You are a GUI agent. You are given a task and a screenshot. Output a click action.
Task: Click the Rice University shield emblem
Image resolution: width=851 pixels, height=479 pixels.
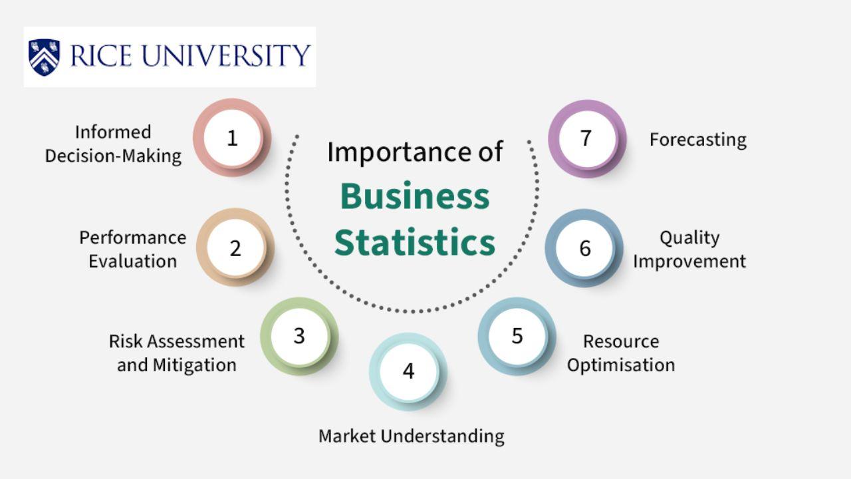coord(44,57)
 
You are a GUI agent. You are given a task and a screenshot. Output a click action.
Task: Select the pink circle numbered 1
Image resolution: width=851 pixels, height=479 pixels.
coord(232,138)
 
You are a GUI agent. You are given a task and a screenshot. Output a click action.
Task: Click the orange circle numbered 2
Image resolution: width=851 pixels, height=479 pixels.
coord(235,247)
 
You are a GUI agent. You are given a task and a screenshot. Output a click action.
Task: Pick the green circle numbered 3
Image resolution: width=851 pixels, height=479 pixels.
coord(299,336)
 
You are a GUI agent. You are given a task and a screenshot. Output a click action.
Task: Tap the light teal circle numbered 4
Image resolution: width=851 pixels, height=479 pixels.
coord(408,371)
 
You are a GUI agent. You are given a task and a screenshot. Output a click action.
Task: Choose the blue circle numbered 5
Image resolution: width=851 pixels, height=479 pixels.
coord(517,336)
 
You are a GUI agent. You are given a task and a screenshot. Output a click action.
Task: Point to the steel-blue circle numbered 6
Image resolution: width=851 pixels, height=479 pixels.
coord(584,248)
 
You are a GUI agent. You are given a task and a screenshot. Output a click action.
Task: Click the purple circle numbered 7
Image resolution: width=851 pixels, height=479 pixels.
coord(587,139)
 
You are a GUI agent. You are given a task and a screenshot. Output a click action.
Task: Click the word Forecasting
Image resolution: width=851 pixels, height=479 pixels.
coord(698,140)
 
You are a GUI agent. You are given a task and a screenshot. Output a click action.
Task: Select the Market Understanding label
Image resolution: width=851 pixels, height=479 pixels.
coord(412,436)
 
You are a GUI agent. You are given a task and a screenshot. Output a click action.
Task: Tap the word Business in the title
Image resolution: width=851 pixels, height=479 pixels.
coord(415,196)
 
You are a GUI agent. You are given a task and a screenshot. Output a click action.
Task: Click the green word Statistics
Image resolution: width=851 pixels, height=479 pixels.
coord(415,242)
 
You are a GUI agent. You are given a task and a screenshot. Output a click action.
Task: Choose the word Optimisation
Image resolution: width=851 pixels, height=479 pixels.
coord(621,365)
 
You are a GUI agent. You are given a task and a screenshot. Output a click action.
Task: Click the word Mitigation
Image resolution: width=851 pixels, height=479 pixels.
coord(195,365)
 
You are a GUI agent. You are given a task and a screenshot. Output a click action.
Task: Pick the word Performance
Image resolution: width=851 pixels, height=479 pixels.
coord(132,238)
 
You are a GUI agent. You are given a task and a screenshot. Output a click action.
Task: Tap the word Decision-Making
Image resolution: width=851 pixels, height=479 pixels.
coord(113,156)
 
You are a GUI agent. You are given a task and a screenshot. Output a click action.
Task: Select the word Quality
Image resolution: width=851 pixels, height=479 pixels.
coord(689,238)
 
